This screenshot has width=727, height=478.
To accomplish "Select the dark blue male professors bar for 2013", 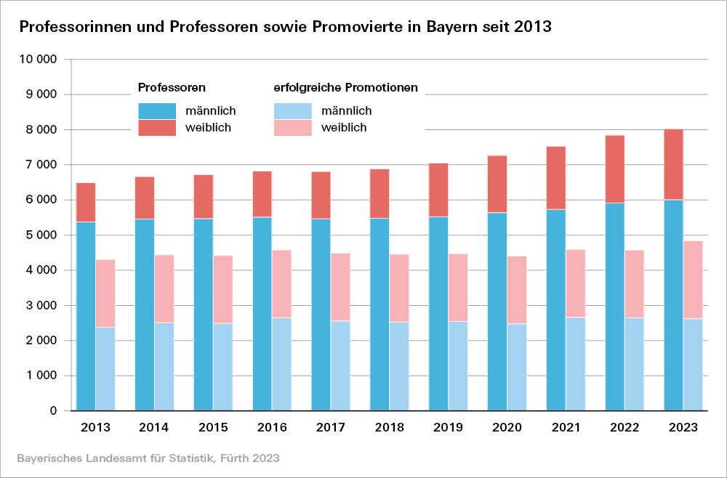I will tap(86, 316).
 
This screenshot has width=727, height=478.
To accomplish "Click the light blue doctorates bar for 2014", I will tap(164, 366).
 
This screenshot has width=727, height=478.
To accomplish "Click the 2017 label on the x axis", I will tap(330, 427).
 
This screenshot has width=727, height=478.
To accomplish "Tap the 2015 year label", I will tap(212, 427).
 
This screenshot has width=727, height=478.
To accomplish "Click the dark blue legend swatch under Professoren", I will tap(157, 111).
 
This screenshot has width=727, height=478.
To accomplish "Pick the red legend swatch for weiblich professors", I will tap(157, 128).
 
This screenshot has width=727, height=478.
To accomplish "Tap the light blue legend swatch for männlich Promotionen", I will tap(292, 111).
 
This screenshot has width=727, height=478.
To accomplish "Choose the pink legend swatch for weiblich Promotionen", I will tap(292, 128).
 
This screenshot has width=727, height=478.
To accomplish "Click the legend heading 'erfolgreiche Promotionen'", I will tap(345, 88).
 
